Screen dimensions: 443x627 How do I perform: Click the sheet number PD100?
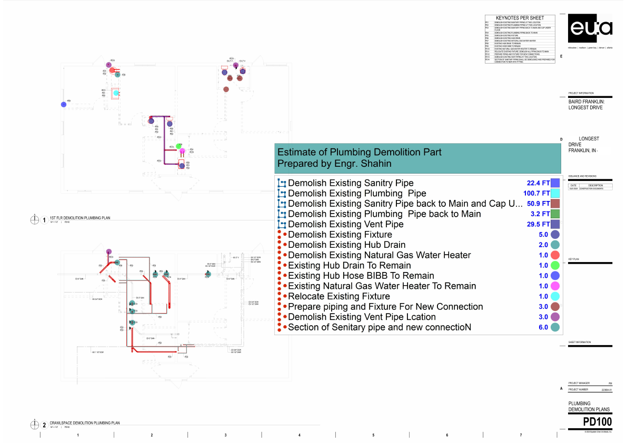click(598, 423)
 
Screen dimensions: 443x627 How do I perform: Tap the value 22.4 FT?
click(538, 183)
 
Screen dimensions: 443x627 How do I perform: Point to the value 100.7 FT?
click(536, 194)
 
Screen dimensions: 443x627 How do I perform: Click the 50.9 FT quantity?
click(538, 204)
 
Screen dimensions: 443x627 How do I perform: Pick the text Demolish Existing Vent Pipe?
click(346, 224)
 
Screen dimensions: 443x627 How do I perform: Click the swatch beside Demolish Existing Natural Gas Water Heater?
click(555, 255)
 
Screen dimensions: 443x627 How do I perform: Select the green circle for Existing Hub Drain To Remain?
click(555, 266)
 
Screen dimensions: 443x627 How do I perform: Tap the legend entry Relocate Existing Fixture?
click(339, 296)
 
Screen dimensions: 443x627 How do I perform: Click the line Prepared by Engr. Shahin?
click(334, 164)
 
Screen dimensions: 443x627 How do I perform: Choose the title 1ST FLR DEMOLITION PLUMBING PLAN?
click(79, 218)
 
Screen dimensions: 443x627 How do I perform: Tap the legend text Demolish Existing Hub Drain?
click(347, 245)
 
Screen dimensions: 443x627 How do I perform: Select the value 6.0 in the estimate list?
click(543, 327)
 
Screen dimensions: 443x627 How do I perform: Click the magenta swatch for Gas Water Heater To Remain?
click(555, 286)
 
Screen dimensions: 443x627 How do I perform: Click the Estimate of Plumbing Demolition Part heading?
click(359, 152)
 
